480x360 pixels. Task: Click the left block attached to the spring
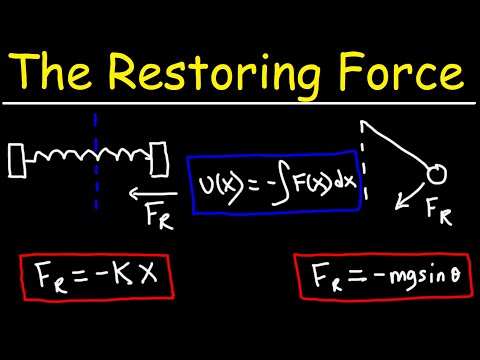tap(18, 157)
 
